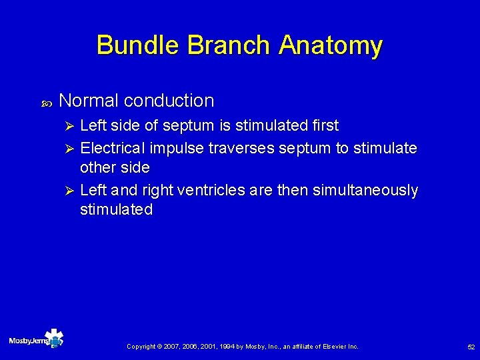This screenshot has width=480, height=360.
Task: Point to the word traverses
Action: pos(239,147)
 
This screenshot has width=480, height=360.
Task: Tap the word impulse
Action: pos(176,147)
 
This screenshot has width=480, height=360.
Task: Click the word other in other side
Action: pos(98,167)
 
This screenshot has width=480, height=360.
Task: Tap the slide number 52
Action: pos(471,347)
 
